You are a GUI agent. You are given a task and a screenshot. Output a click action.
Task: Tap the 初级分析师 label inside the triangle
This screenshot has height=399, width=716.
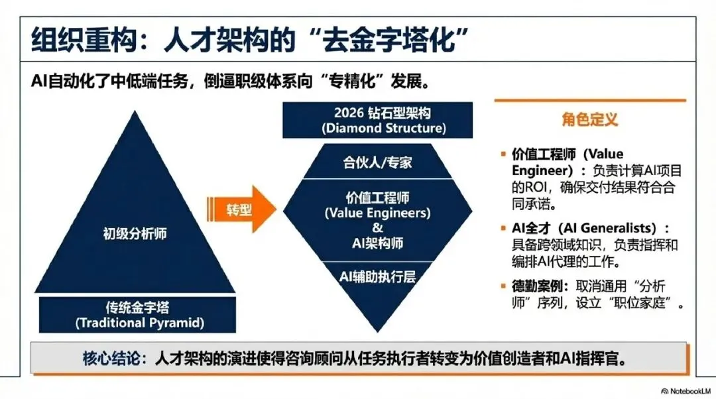(136, 233)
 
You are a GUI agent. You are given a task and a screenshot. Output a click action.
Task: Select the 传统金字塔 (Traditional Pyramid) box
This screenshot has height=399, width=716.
(139, 315)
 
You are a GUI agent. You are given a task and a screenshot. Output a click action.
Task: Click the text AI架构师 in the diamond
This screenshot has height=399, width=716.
(378, 243)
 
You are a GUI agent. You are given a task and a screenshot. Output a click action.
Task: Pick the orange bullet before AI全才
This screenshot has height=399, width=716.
(503, 229)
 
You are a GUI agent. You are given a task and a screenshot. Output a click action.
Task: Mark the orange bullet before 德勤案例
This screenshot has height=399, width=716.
(503, 286)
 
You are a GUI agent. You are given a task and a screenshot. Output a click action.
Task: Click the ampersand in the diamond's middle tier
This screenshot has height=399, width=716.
(378, 229)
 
